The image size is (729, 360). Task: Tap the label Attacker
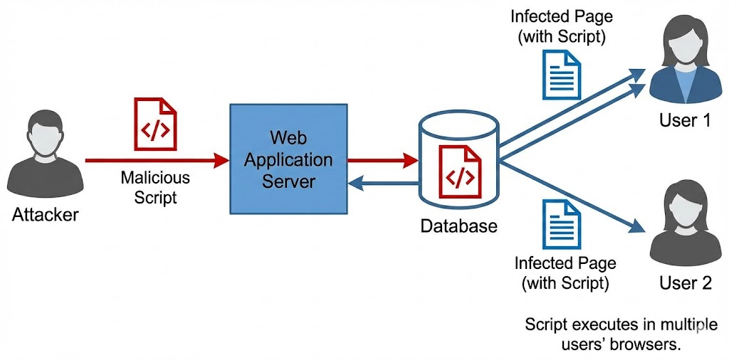point(45,214)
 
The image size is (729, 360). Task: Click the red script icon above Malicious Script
point(155,125)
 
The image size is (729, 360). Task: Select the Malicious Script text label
point(155,186)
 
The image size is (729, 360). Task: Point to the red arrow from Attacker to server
point(153,161)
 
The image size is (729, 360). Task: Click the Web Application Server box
point(288,159)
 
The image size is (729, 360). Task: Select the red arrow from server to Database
point(382,161)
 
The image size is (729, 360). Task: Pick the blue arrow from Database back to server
point(382,184)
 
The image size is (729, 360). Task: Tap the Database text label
point(459,227)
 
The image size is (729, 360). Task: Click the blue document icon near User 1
point(562,75)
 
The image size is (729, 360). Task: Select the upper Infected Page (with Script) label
point(562,26)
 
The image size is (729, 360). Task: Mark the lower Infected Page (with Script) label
point(565,272)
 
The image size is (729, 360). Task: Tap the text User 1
point(685,120)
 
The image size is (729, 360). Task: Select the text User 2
point(685,283)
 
